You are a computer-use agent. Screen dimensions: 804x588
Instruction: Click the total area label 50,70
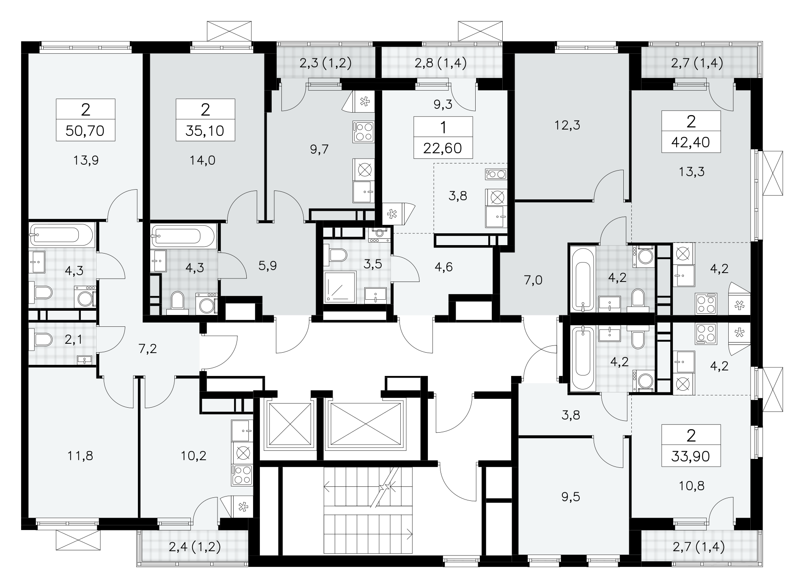click(x=85, y=131)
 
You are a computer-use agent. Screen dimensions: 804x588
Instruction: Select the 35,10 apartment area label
click(x=205, y=131)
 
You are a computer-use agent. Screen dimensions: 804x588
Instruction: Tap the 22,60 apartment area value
click(x=443, y=149)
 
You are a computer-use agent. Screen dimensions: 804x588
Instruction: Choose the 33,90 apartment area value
click(x=691, y=456)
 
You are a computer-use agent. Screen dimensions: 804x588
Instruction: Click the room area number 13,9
click(x=86, y=160)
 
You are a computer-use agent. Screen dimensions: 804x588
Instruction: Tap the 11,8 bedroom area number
click(x=80, y=456)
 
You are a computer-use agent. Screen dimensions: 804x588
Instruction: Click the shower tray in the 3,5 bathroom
click(x=340, y=287)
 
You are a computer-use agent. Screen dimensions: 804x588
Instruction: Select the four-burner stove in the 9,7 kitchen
click(x=363, y=131)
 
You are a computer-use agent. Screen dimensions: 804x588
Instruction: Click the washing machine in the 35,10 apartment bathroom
click(x=207, y=304)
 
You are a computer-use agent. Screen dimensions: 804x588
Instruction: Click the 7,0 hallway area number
click(x=533, y=280)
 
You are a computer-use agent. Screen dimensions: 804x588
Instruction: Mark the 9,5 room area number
click(x=571, y=497)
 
